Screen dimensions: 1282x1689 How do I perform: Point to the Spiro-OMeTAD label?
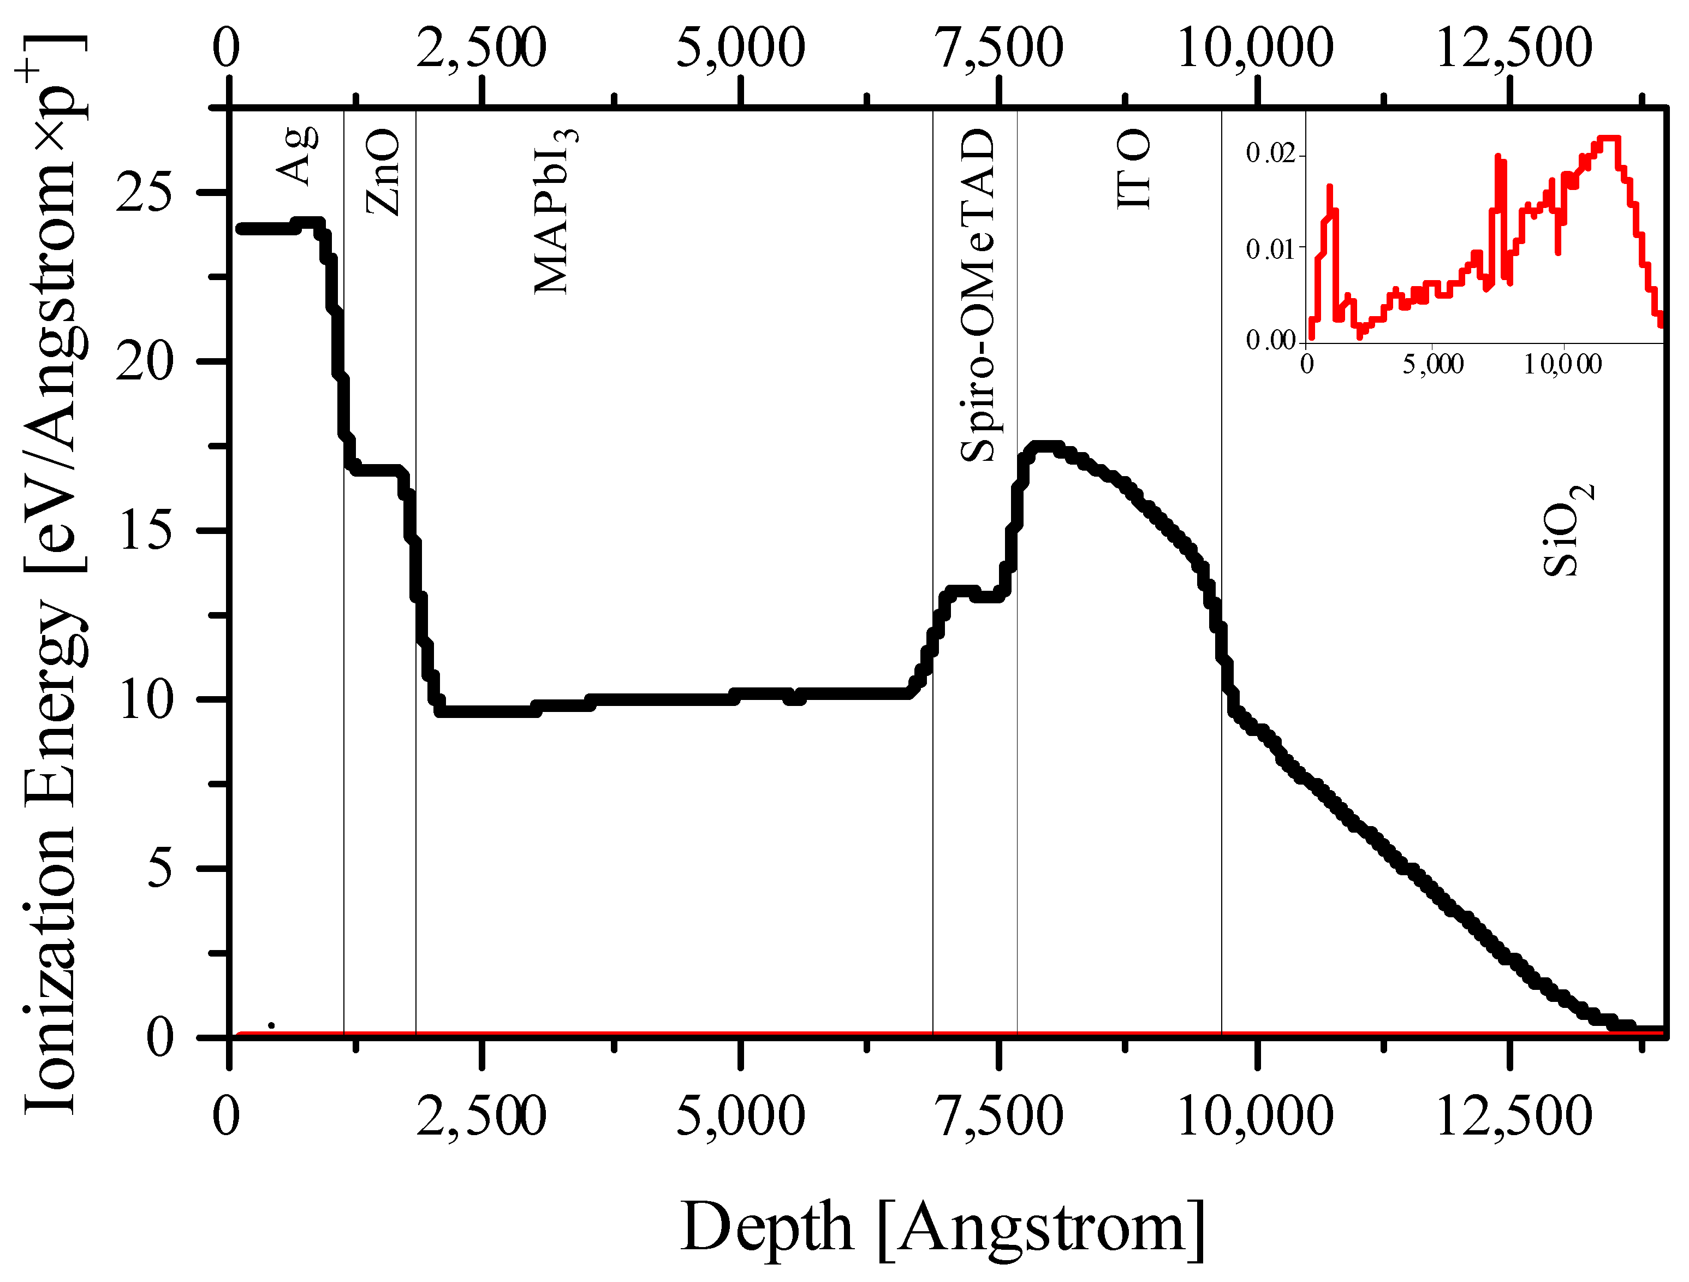978,296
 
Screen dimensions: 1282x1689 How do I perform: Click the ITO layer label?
1134,169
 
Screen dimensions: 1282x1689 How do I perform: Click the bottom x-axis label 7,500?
1000,1117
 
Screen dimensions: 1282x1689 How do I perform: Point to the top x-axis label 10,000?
1256,48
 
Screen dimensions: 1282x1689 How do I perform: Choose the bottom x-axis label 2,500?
482,1117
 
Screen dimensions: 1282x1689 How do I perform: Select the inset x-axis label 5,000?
1433,364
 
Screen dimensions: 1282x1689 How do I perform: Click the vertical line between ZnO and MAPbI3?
415,573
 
